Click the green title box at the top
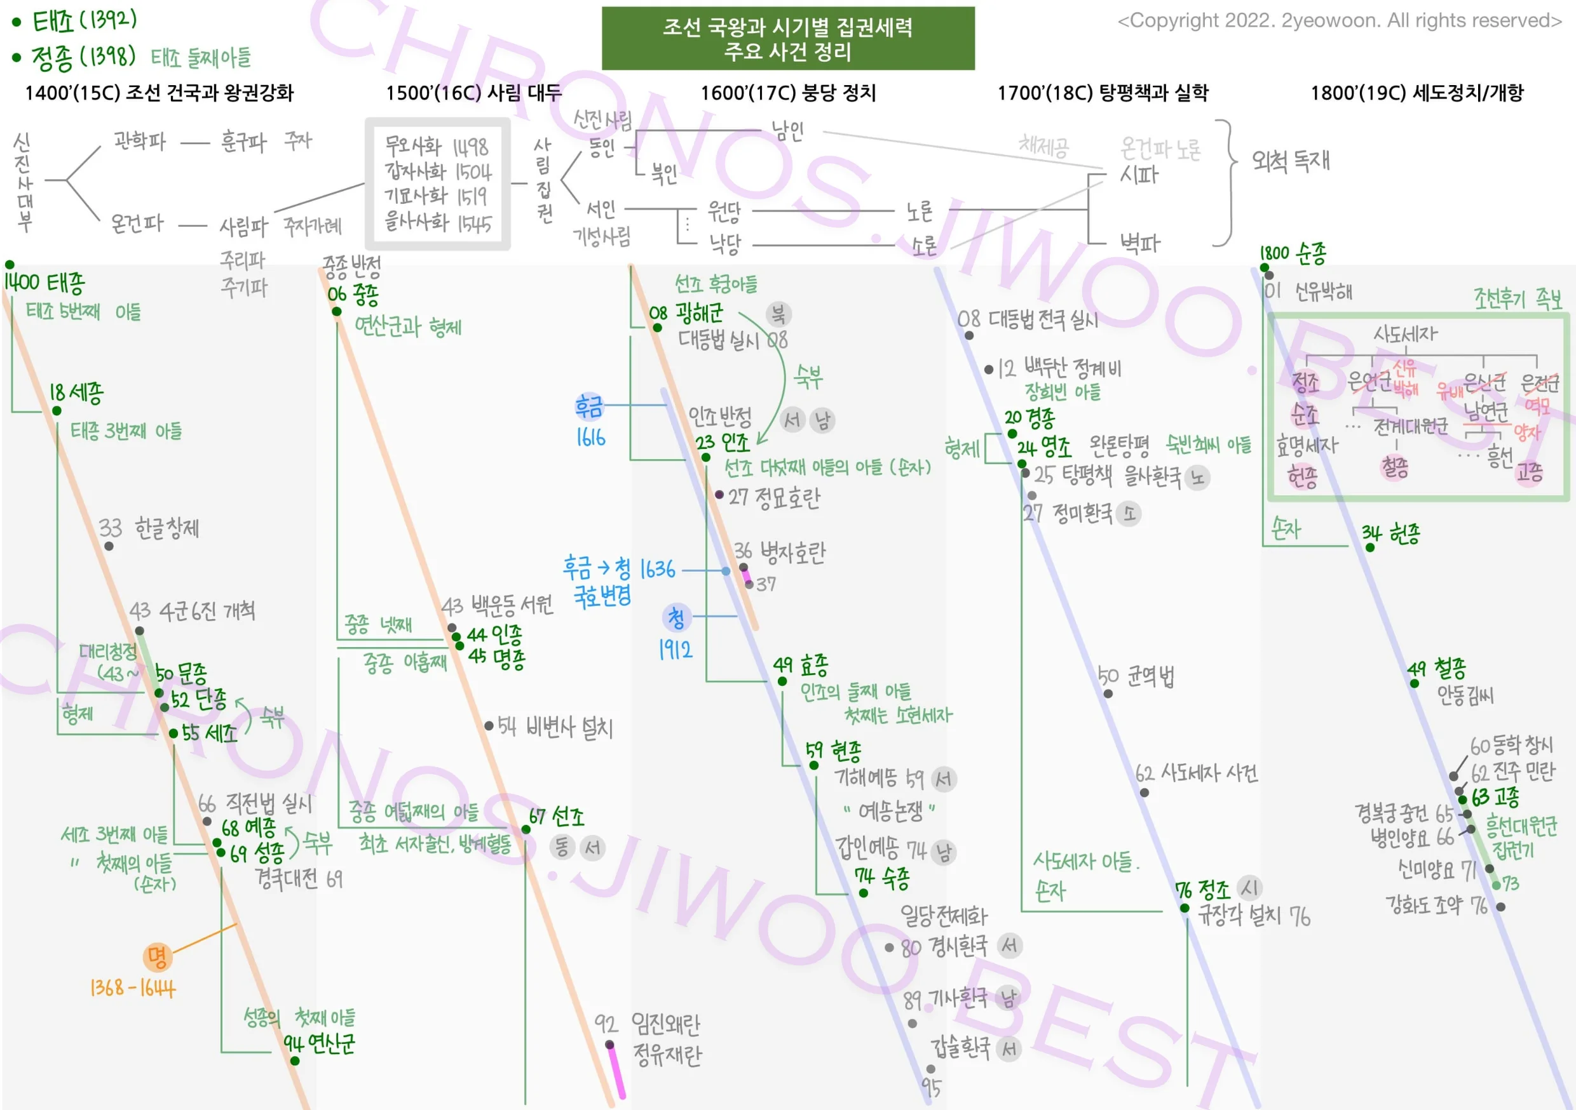click(787, 38)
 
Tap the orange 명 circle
click(156, 956)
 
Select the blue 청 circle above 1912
click(676, 617)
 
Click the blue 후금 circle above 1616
click(589, 406)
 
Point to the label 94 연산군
click(319, 1043)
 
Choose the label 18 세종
click(76, 393)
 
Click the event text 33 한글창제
click(149, 528)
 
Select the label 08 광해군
click(686, 314)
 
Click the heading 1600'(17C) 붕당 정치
click(787, 93)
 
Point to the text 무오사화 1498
click(436, 146)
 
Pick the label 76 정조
click(1202, 890)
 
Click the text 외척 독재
click(1291, 161)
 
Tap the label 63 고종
click(1495, 796)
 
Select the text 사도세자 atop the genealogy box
click(1404, 334)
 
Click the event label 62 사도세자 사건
click(1197, 773)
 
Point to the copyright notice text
click(1339, 20)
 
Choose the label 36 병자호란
click(780, 552)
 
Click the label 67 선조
click(556, 817)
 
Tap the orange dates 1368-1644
click(132, 988)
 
